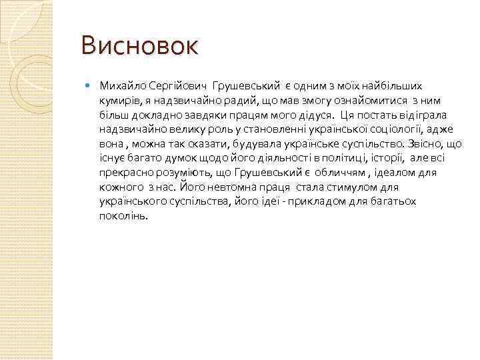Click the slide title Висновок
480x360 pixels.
pos(139,47)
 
